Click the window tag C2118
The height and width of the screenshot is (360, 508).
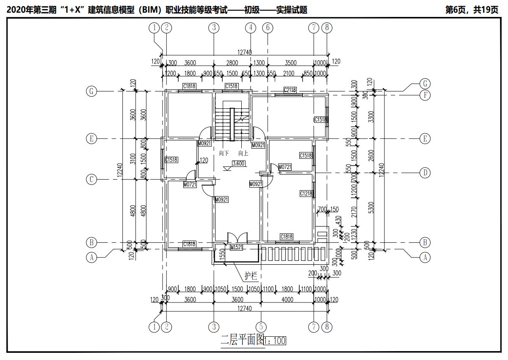click(x=290, y=90)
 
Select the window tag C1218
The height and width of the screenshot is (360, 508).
click(x=306, y=194)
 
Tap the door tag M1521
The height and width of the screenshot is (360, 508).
click(x=236, y=247)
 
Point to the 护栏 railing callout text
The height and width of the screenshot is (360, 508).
click(x=251, y=277)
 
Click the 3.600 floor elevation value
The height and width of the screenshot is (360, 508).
click(x=239, y=164)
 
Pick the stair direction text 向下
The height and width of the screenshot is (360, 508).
click(x=224, y=153)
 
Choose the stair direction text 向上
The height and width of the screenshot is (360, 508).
click(x=243, y=153)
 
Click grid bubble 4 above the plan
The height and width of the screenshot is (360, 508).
click(x=251, y=28)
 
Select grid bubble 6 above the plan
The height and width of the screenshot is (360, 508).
click(x=268, y=28)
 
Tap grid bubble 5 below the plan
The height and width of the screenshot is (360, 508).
click(x=261, y=327)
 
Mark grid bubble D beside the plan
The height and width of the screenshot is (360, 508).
click(x=425, y=172)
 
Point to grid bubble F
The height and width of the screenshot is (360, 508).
click(x=425, y=95)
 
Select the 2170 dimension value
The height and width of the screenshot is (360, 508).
click(x=354, y=211)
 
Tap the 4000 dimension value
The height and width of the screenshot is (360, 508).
click(x=287, y=300)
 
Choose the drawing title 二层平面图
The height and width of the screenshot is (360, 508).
click(x=243, y=340)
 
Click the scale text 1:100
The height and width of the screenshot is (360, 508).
click(x=276, y=340)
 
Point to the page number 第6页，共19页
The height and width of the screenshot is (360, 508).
click(x=472, y=10)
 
